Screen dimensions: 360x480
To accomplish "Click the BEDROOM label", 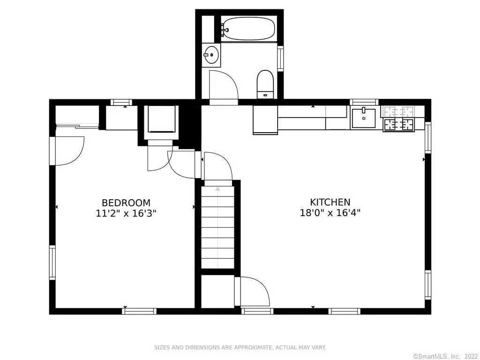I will (126, 203).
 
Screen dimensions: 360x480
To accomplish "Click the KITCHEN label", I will (330, 202).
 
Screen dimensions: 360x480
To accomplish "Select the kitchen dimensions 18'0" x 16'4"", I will (330, 212).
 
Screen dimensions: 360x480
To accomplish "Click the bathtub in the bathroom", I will (248, 29).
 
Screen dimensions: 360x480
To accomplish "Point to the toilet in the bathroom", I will (265, 84).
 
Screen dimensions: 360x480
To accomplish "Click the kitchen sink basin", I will (363, 118).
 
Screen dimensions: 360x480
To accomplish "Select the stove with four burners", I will (398, 124).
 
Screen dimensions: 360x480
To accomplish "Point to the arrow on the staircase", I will (217, 189).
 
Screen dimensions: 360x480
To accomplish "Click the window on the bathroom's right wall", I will (280, 59).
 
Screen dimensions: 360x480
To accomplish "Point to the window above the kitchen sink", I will (364, 102).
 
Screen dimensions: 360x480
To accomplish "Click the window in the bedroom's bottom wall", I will (139, 311).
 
